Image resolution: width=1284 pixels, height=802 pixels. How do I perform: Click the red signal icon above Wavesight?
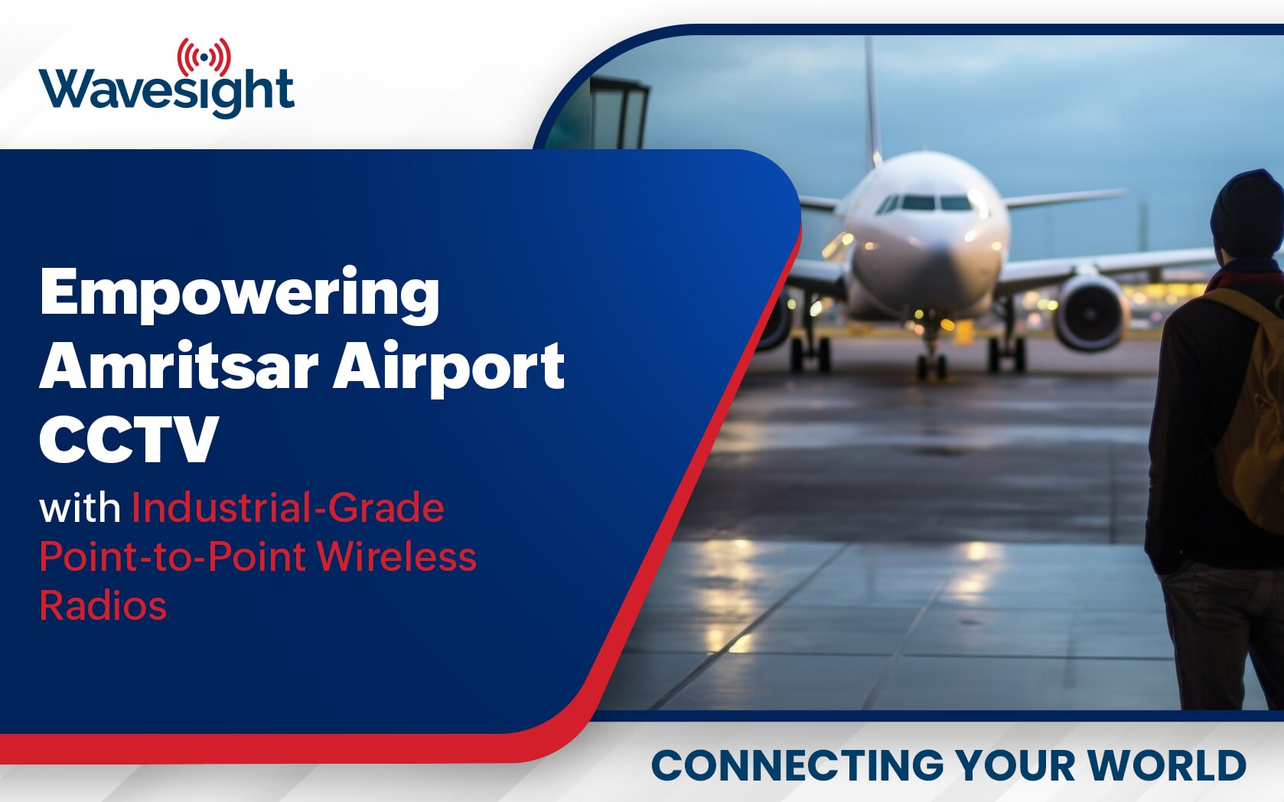point(204,57)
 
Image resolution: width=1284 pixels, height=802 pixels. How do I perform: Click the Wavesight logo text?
point(167,92)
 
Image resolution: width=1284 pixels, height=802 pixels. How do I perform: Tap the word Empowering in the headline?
point(240,295)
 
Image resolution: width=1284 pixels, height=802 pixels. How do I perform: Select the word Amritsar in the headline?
point(178,367)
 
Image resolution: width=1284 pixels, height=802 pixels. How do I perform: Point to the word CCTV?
point(129,438)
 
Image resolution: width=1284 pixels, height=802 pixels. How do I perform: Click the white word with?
point(80,508)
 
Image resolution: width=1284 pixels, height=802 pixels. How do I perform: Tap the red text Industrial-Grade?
point(288,507)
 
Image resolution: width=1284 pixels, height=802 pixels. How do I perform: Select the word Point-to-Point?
point(172,556)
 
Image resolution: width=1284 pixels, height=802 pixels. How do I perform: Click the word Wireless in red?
point(396,556)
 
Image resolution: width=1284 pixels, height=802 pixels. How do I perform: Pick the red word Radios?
point(103,605)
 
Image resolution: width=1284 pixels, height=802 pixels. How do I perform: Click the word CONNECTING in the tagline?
point(797,765)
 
